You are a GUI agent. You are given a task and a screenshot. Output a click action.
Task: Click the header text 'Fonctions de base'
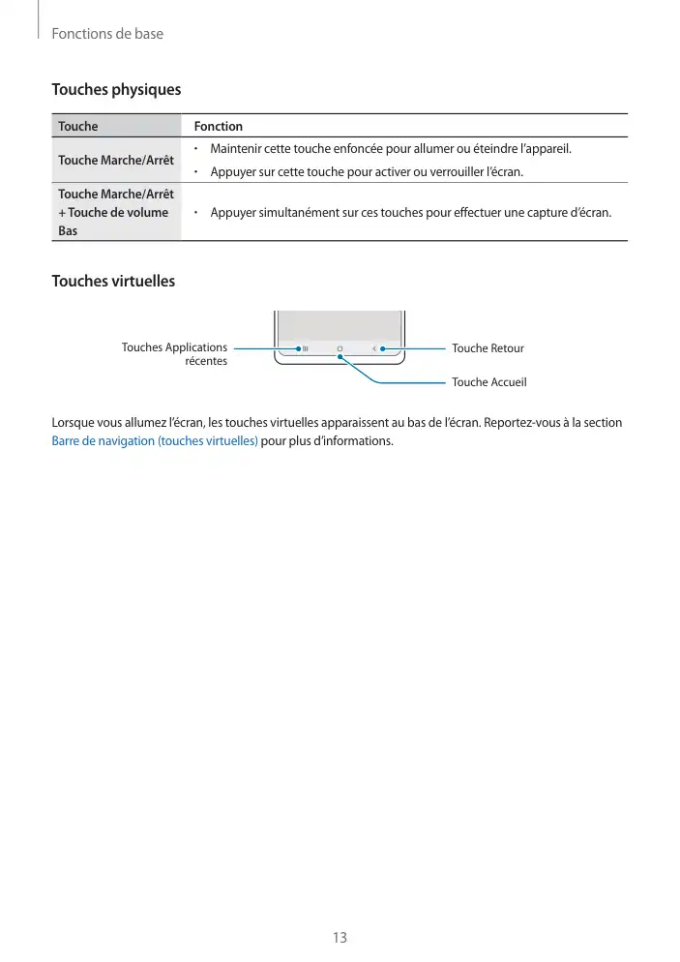click(107, 34)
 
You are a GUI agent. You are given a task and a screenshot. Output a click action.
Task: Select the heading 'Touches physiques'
click(115, 90)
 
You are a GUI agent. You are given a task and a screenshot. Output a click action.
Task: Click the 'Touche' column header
click(77, 127)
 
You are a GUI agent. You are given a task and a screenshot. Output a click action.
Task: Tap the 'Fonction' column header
click(218, 127)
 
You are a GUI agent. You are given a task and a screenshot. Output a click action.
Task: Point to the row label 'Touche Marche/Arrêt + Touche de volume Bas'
click(114, 212)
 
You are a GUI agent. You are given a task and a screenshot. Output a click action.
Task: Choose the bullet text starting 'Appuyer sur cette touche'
click(366, 172)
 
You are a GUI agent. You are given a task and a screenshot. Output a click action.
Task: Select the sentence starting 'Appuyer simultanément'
click(410, 212)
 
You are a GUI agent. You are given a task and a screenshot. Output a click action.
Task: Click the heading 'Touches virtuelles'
click(113, 282)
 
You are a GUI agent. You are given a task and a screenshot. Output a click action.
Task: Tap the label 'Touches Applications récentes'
click(175, 354)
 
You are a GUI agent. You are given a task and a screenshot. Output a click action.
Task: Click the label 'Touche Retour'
click(488, 348)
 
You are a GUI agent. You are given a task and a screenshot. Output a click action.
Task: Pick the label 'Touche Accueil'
click(488, 382)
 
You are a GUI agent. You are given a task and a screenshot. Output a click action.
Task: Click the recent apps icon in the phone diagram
click(305, 348)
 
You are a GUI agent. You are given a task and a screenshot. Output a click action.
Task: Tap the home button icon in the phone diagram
click(340, 348)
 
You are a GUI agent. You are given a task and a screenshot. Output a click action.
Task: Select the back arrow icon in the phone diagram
click(373, 348)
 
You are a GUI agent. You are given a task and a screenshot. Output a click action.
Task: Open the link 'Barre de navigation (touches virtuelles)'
click(154, 441)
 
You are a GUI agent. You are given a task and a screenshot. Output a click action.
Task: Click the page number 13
click(340, 937)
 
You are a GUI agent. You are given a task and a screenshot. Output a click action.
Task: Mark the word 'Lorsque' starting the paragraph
click(74, 423)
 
